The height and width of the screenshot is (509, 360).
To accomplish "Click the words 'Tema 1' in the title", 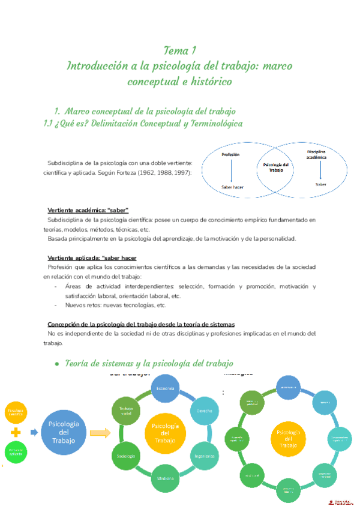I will coord(180,49).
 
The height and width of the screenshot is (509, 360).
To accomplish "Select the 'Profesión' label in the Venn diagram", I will coord(230,155).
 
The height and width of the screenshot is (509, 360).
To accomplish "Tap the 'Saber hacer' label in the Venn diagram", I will coord(232,187).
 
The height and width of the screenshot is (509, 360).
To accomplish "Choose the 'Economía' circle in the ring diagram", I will coord(165,389).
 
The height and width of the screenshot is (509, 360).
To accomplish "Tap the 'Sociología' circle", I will coord(126,456).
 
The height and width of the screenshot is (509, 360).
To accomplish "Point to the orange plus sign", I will coord(16,432).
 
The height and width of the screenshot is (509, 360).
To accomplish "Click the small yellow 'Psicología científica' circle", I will coord(16,413).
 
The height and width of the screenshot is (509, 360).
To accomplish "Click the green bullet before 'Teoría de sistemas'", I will coord(56,364).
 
